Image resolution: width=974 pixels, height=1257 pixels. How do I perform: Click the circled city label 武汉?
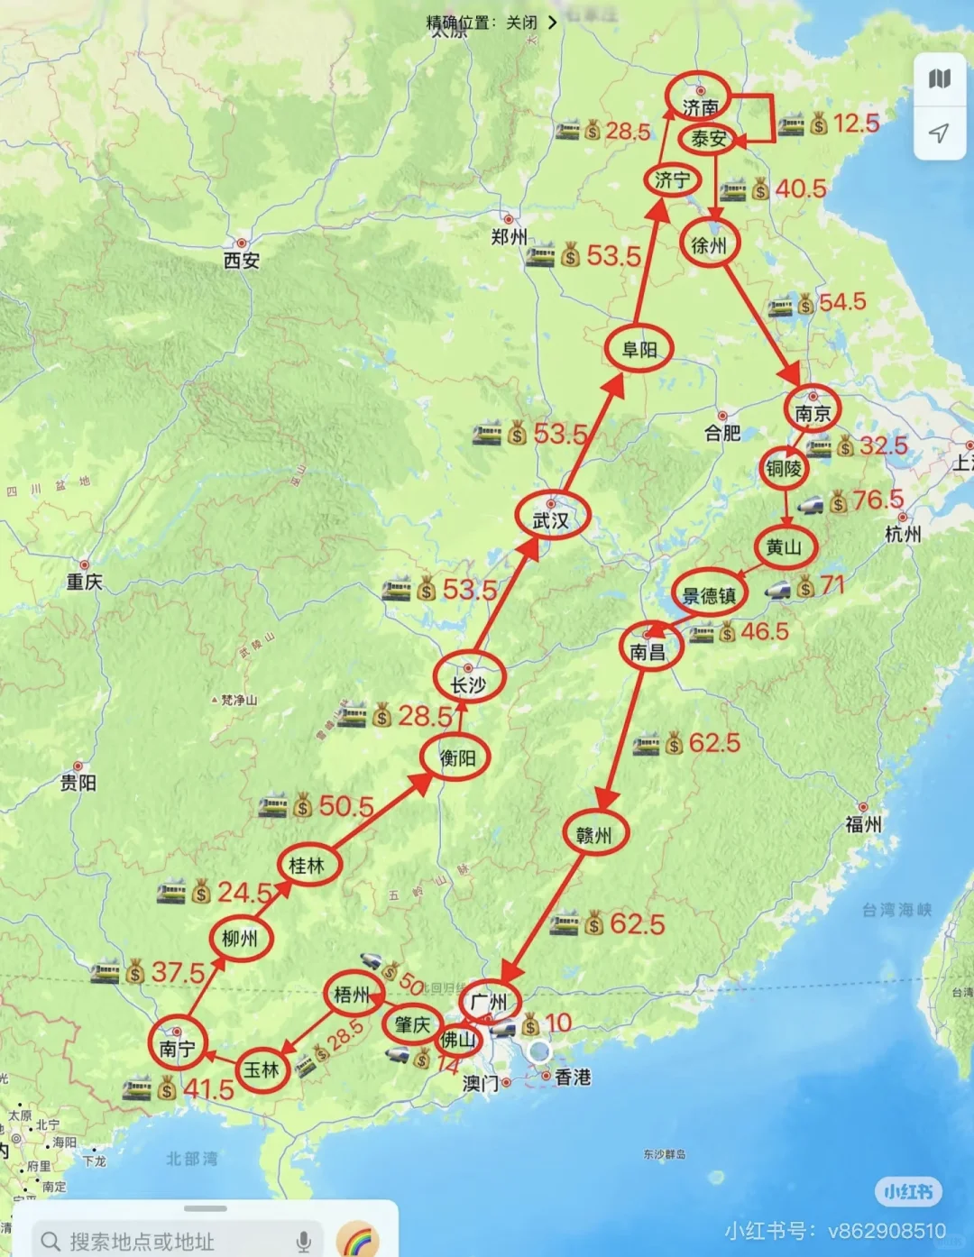[x=551, y=519]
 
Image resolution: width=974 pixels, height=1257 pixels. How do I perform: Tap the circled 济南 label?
[x=699, y=106]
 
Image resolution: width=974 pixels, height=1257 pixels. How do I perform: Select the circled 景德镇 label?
[x=709, y=595]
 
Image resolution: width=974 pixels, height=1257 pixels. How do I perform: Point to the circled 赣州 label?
[x=593, y=835]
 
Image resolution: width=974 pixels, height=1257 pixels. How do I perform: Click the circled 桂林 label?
[x=307, y=866]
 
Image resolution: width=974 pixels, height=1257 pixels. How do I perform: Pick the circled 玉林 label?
[x=262, y=1070]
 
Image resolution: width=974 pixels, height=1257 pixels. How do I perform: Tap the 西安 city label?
[x=242, y=261]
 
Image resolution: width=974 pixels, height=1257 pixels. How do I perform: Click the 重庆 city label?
[x=84, y=583]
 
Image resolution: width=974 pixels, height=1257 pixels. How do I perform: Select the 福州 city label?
[x=863, y=824]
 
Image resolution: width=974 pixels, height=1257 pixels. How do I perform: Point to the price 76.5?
[x=878, y=500]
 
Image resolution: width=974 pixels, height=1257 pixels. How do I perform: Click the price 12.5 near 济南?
[x=856, y=124]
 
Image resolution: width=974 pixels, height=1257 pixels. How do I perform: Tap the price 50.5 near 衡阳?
[x=346, y=806]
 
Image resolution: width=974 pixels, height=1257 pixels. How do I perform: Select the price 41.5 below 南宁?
[x=208, y=1089]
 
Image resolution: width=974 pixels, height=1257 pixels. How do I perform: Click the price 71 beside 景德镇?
[x=832, y=586]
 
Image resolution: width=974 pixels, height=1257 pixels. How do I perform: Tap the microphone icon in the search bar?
[x=304, y=1241]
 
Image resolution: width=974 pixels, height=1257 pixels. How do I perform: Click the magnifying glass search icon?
[x=51, y=1242]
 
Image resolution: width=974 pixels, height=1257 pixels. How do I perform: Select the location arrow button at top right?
[x=939, y=133]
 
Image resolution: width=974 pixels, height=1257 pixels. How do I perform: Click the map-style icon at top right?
[x=939, y=79]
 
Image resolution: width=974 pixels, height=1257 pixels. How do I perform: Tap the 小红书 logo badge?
[x=908, y=1192]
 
